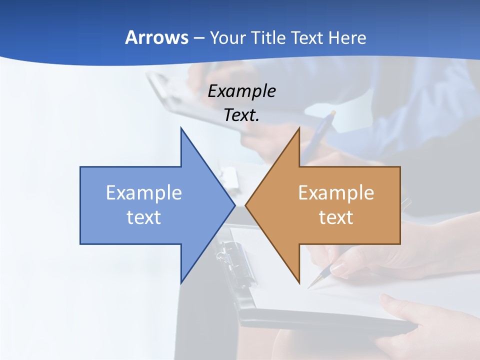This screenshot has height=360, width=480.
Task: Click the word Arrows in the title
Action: click(x=156, y=37)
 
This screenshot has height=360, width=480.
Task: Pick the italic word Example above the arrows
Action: click(x=241, y=91)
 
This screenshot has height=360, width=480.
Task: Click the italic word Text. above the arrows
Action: click(x=241, y=115)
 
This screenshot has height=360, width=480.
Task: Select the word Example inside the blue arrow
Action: click(x=143, y=192)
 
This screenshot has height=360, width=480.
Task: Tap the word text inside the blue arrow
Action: click(x=143, y=217)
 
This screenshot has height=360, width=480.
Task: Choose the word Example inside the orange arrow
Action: click(x=336, y=192)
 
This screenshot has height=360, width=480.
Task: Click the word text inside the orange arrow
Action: click(x=336, y=217)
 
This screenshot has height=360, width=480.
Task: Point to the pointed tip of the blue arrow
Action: click(x=234, y=205)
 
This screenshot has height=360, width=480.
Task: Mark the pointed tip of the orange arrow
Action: click(x=245, y=205)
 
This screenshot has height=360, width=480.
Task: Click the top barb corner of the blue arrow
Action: click(x=181, y=128)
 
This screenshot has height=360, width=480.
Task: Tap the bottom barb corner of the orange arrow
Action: click(x=299, y=283)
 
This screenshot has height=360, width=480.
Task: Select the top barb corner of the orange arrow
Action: click(x=299, y=128)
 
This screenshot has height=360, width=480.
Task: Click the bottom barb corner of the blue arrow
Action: click(x=181, y=283)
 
